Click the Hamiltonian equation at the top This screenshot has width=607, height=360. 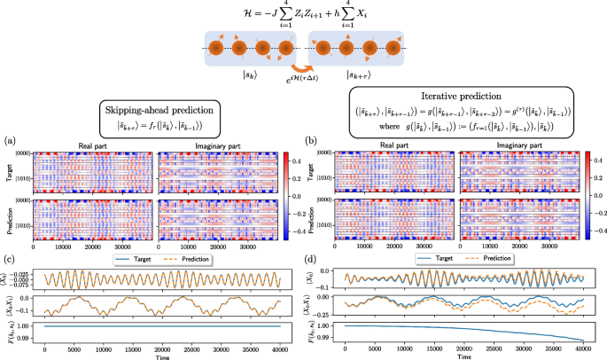[x=303, y=14]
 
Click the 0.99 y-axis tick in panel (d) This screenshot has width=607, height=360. [x=329, y=338]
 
